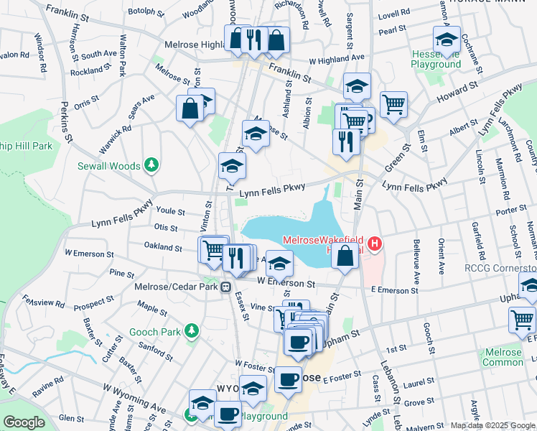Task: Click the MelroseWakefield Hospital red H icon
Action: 374,245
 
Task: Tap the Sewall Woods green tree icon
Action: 151,166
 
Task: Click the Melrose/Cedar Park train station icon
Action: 225,287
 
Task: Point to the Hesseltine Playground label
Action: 436,59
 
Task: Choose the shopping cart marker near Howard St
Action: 393,105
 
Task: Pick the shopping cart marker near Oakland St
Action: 213,251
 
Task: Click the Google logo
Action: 24,422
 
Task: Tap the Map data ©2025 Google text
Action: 492,425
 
